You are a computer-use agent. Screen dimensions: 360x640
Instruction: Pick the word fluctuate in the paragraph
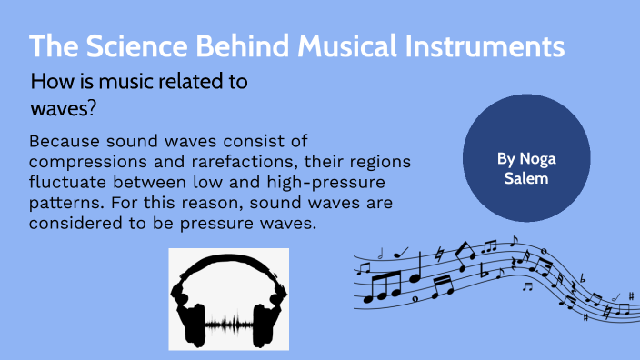(x=69, y=183)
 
